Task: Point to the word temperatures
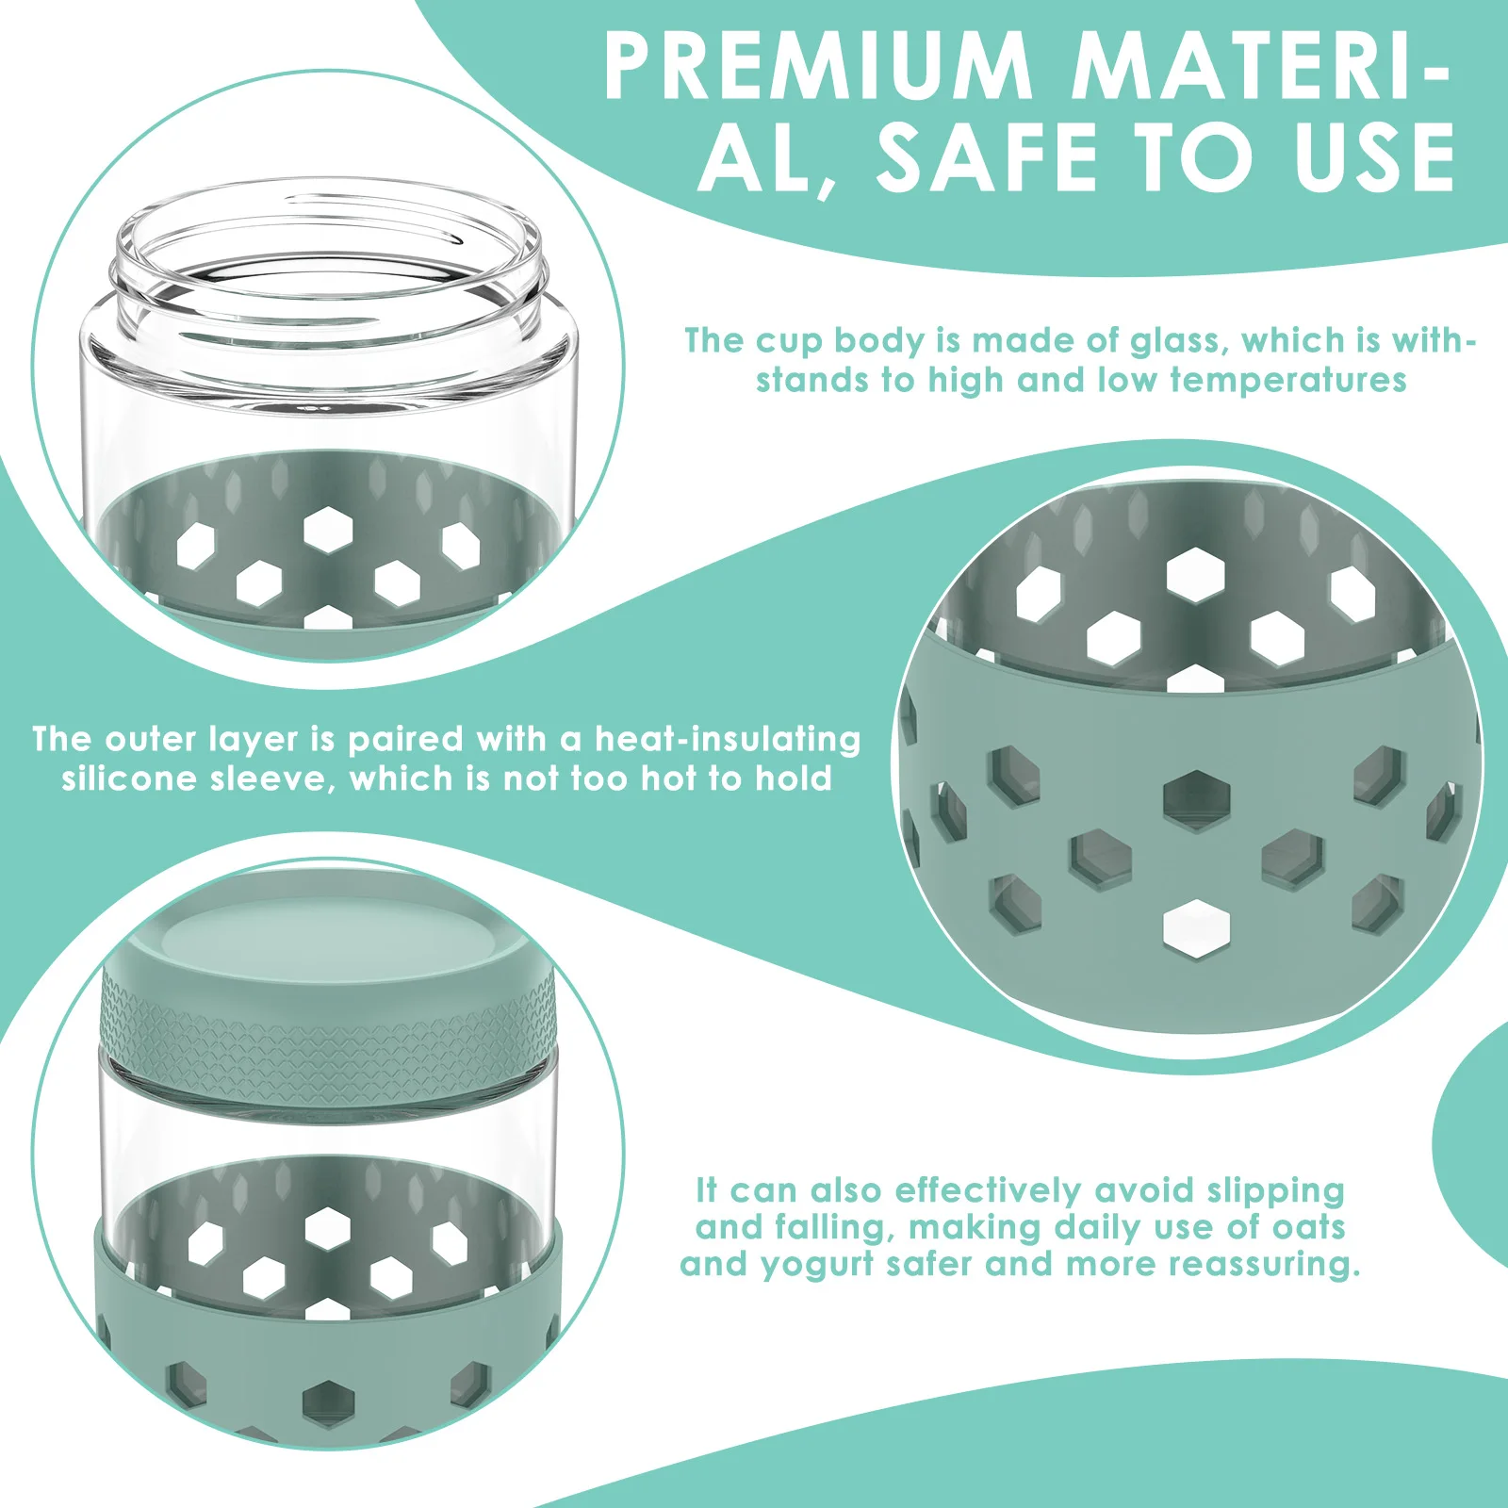coord(1288,380)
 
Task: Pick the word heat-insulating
coord(728,740)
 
